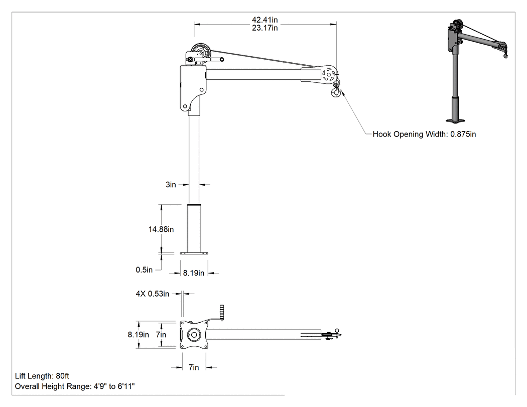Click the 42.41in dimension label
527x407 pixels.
265,20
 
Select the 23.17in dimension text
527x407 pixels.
265,28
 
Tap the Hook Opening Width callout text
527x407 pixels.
424,134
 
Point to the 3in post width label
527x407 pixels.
171,185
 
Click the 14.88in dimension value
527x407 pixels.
161,229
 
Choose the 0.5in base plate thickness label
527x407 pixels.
144,270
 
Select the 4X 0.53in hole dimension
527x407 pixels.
153,294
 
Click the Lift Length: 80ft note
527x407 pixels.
42,376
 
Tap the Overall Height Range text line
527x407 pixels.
75,386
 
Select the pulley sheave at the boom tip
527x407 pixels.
328,73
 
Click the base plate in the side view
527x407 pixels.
194,253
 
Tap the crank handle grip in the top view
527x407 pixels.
222,313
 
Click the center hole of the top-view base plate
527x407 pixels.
194,335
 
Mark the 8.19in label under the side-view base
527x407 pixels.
194,273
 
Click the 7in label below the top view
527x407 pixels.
194,367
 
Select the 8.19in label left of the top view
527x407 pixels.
138,335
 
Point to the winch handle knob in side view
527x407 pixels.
222,60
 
